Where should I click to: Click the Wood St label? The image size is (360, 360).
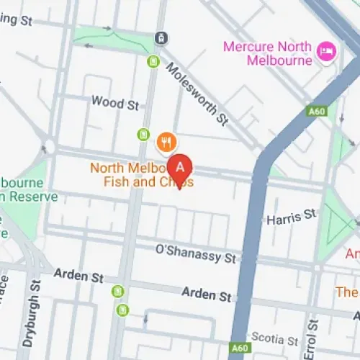coord(114,103)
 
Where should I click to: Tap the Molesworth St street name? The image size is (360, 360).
coord(196,93)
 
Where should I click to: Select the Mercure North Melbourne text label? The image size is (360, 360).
coord(268,53)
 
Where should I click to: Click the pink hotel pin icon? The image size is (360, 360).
coord(328,52)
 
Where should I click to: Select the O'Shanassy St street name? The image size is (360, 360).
coord(196,253)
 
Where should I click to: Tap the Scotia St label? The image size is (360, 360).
coord(274,338)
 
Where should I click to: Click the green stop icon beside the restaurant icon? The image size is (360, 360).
coord(144,135)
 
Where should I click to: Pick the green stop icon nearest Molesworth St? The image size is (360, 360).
coord(153,62)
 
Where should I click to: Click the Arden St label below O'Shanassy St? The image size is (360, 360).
coord(207,294)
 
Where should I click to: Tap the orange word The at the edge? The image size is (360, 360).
coord(348,292)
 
